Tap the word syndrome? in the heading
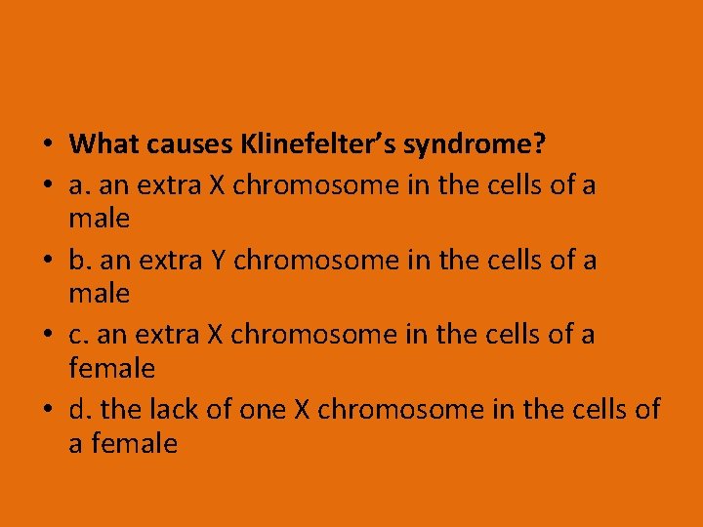475,145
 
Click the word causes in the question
188,145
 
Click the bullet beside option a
48,184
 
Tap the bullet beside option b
48,260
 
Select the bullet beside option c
48,335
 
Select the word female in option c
112,368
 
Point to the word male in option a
100,218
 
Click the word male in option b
100,293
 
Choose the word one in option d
262,409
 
